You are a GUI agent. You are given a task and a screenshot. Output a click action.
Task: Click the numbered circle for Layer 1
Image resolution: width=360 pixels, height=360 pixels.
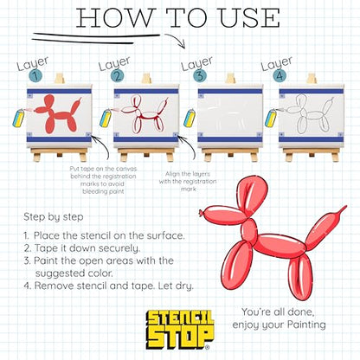(35, 76)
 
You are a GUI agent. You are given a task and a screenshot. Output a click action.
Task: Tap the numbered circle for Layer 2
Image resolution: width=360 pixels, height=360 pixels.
(117, 76)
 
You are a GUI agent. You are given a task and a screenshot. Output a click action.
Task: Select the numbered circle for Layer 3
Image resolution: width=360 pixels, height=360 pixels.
(200, 76)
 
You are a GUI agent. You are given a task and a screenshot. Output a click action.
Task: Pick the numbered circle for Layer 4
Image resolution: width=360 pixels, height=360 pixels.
(280, 76)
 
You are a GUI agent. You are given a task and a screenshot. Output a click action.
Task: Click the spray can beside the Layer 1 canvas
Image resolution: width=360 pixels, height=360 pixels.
(19, 118)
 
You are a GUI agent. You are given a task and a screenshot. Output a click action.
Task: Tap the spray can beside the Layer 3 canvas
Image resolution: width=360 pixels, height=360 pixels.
(190, 118)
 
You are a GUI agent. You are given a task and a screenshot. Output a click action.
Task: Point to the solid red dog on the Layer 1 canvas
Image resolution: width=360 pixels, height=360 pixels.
(58, 113)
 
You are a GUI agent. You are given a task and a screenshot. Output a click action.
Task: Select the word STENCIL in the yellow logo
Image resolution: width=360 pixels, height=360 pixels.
(179, 318)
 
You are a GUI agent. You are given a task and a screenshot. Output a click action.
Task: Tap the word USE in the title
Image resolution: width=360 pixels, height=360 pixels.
(249, 18)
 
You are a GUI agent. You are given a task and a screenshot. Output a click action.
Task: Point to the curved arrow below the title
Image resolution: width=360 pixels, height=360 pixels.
(177, 39)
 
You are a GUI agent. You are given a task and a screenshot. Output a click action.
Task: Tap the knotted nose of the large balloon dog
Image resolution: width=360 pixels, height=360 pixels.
(201, 213)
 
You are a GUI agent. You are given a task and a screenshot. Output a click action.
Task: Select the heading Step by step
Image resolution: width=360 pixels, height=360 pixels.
(54, 217)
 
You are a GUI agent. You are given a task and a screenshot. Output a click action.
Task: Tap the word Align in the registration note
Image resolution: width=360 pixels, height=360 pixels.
(172, 174)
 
